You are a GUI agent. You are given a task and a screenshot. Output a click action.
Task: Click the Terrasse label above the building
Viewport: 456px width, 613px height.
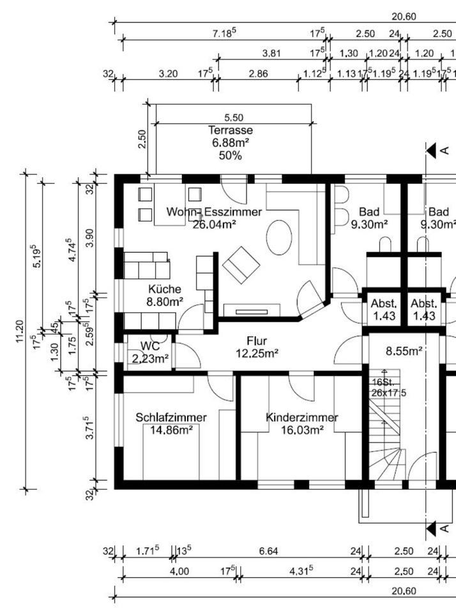[x=231, y=130]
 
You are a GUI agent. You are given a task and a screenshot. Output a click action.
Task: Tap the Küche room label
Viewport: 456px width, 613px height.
[x=165, y=289]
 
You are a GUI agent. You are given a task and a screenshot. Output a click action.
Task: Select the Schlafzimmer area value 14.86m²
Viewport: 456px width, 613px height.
[x=171, y=430]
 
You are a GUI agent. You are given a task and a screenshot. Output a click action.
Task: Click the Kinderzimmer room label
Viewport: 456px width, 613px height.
[x=302, y=417]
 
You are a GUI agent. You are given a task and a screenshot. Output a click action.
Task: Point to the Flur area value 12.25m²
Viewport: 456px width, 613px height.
[x=257, y=353]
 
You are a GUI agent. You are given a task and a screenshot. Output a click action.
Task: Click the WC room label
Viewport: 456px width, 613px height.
[x=150, y=346]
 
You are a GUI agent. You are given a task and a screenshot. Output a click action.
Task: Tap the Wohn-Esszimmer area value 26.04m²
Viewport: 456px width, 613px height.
[x=215, y=224]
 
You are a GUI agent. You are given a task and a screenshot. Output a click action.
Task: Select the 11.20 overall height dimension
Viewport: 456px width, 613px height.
[x=20, y=331]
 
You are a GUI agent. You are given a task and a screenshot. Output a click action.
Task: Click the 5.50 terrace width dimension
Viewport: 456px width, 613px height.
[x=234, y=117]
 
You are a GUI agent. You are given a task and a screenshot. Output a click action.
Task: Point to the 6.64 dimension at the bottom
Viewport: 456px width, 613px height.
[x=269, y=551]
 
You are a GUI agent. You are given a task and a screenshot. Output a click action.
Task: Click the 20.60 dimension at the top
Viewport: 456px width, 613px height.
[x=404, y=17]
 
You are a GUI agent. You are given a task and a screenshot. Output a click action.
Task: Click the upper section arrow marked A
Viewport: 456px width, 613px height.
[x=431, y=150]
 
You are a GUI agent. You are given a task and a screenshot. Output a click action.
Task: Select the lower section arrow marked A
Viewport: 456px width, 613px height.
[x=431, y=529]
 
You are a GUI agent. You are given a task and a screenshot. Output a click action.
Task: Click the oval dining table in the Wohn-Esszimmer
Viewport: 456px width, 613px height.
[x=279, y=238]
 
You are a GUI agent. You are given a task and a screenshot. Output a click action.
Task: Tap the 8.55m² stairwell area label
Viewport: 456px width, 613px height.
[x=404, y=351]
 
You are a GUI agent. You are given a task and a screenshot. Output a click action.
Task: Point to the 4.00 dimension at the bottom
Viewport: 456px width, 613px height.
[x=179, y=571]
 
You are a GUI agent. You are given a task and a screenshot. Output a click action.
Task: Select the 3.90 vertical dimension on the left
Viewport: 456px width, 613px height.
[x=90, y=238]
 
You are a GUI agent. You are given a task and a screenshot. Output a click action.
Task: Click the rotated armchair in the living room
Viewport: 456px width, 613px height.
[x=241, y=264]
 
